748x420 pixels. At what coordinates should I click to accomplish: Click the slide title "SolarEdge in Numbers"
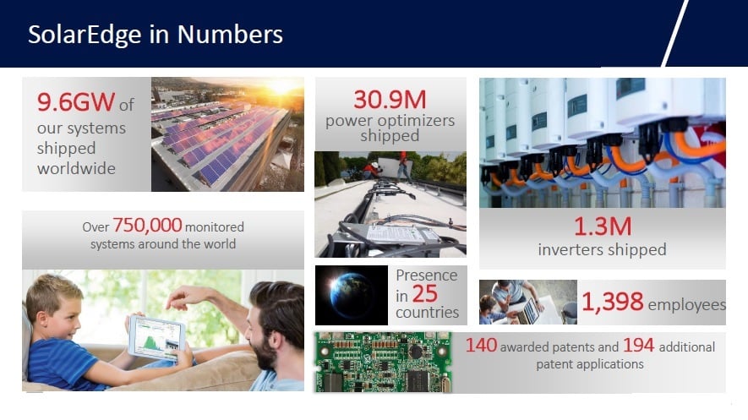tap(155, 35)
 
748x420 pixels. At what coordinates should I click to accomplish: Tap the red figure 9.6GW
tap(76, 101)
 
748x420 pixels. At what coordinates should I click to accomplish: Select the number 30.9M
tap(390, 100)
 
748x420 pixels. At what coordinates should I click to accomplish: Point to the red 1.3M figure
tap(603, 226)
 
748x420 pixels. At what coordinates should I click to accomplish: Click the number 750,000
tap(147, 225)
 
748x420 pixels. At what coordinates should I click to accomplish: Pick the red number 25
tap(424, 294)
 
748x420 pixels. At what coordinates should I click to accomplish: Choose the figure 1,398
tap(613, 302)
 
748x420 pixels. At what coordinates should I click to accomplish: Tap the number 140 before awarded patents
tap(481, 345)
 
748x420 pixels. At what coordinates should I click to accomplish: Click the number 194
tap(638, 345)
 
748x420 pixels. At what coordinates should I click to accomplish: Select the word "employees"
tap(687, 304)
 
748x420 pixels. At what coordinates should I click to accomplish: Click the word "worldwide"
tap(76, 168)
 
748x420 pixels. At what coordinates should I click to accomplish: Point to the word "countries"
tap(427, 313)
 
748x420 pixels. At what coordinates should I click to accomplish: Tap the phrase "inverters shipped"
tap(602, 249)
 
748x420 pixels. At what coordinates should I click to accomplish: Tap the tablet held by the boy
tap(157, 337)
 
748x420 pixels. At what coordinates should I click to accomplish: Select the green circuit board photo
tap(383, 363)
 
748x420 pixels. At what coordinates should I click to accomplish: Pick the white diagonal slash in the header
tap(675, 33)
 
